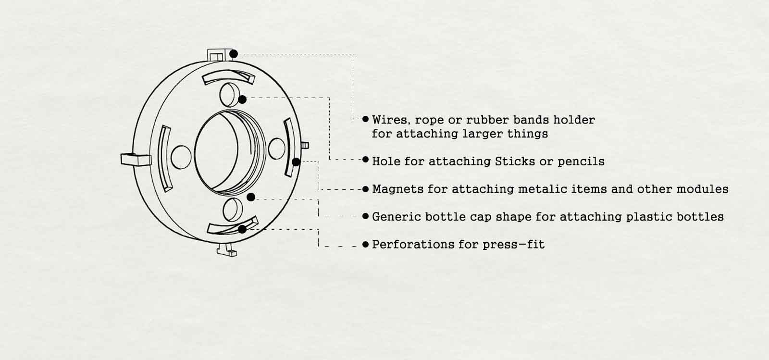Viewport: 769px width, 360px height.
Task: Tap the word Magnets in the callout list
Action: (397, 189)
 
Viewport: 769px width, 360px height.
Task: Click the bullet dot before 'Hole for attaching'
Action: (365, 160)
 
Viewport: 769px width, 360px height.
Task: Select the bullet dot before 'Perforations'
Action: (365, 244)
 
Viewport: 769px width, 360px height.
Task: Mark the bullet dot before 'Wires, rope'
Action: (365, 119)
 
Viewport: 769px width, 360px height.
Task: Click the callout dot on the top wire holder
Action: (234, 54)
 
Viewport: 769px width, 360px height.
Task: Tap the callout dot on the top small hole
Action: (242, 99)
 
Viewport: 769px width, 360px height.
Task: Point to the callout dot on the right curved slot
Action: (296, 162)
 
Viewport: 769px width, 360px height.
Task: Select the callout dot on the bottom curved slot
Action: (242, 229)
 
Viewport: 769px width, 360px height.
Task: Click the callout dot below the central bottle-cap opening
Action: (251, 198)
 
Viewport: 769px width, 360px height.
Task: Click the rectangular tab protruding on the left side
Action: (136, 160)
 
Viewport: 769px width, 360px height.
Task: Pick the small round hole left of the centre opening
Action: (181, 157)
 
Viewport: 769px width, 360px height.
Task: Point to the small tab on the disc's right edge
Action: (305, 146)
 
